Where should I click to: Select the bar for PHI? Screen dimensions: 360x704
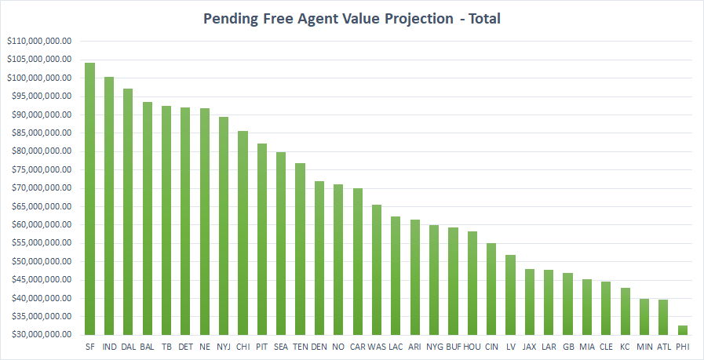(682, 330)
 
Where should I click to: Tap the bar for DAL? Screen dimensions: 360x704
(128, 212)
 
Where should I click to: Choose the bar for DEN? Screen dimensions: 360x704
(319, 258)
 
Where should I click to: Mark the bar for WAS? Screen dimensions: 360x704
(377, 270)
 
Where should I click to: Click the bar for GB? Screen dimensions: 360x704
(567, 304)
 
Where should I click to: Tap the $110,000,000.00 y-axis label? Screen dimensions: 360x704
(39, 41)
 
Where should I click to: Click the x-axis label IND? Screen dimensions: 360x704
(109, 346)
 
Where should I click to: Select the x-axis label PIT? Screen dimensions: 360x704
(262, 346)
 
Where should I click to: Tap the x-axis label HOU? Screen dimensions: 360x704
(472, 346)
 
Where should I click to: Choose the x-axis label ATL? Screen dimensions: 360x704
(663, 346)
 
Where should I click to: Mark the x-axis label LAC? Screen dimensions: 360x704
(396, 346)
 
